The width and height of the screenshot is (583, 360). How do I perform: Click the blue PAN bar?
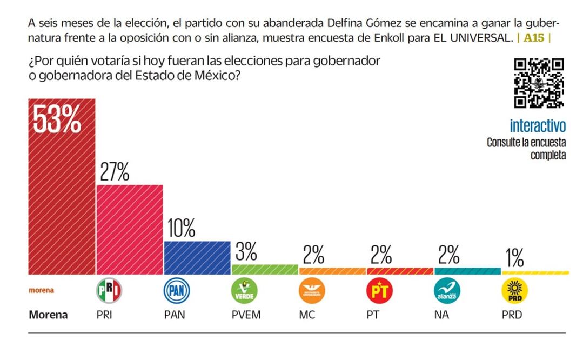tap(197, 258)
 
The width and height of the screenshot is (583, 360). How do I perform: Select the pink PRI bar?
tap(130, 230)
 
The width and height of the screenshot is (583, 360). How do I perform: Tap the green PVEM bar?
tap(265, 269)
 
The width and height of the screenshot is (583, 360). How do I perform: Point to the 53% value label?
tap(57, 120)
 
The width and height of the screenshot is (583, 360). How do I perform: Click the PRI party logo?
tap(109, 291)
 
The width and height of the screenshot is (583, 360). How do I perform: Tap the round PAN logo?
tap(177, 291)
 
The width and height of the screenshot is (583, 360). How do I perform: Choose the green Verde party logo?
tap(244, 291)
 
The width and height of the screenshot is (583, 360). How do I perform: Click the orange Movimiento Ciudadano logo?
tap(312, 291)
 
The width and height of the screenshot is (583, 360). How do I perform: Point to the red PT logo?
tap(379, 291)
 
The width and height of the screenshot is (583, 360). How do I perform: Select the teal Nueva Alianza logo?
tap(447, 291)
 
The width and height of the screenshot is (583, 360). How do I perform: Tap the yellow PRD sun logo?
tap(514, 291)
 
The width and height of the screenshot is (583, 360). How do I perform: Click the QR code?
tap(539, 82)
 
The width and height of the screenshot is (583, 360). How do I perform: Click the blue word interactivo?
tap(538, 126)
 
